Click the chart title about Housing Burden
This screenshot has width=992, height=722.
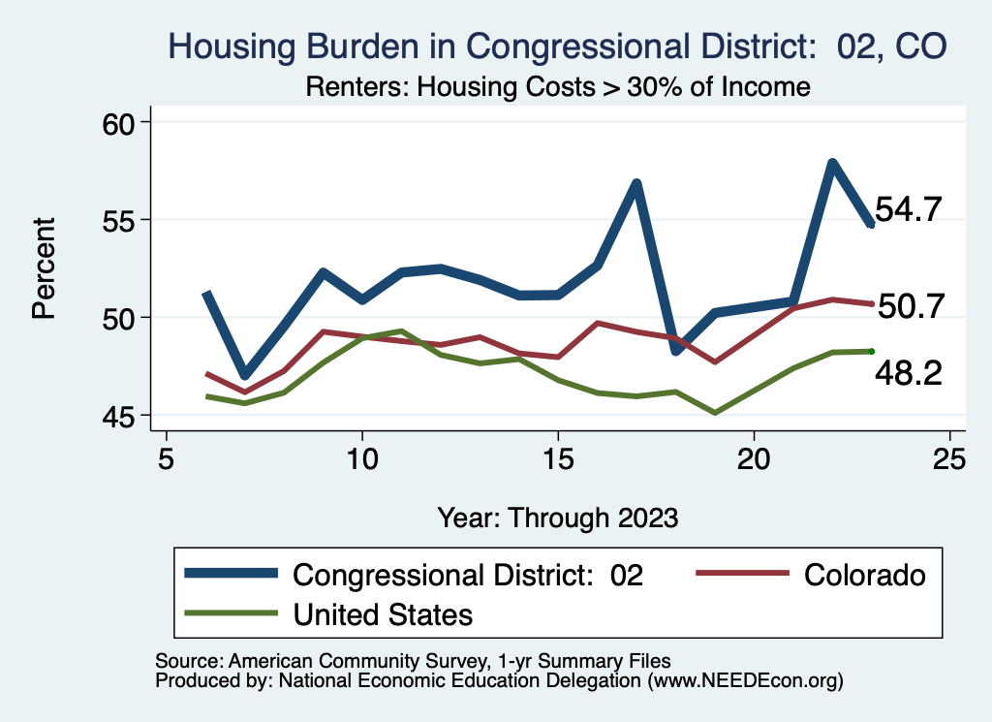[557, 45]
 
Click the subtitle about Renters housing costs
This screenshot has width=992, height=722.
[557, 86]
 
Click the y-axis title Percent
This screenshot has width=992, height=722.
[43, 268]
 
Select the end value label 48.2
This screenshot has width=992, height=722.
[909, 373]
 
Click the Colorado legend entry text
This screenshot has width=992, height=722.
[864, 575]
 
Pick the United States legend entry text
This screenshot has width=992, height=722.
[383, 613]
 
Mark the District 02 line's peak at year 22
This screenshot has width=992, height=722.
[832, 163]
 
